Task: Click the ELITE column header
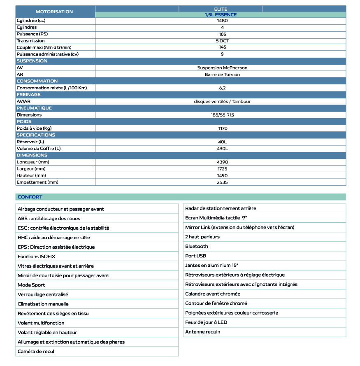click(x=221, y=9)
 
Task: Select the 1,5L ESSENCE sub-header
click(x=221, y=15)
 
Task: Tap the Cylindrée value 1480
click(x=222, y=21)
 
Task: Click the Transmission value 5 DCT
click(x=222, y=41)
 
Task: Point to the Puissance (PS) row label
click(x=29, y=34)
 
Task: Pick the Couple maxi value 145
click(x=222, y=47)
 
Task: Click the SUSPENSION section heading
click(x=32, y=61)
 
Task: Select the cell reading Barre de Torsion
click(x=222, y=75)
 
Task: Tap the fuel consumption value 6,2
click(x=222, y=88)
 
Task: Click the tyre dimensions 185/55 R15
click(x=222, y=115)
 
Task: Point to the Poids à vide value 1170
click(x=222, y=128)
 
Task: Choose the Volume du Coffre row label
click(x=39, y=149)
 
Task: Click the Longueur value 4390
click(x=222, y=162)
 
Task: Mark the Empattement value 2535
click(x=222, y=182)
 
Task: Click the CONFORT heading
click(x=30, y=197)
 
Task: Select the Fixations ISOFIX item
click(x=34, y=256)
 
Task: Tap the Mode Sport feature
click(x=31, y=285)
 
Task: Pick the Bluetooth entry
click(x=197, y=246)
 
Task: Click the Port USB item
click(x=195, y=256)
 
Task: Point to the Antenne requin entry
click(x=203, y=332)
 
